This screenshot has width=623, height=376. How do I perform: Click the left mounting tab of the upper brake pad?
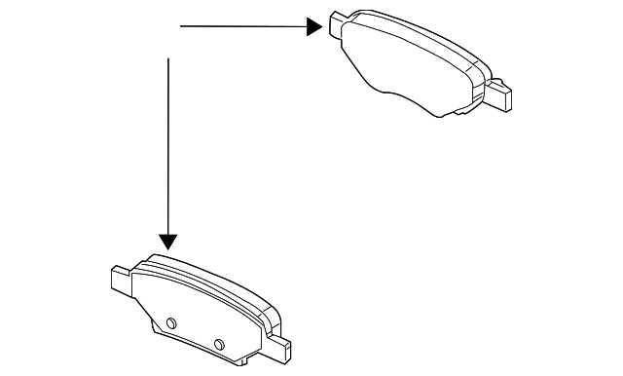(338, 24)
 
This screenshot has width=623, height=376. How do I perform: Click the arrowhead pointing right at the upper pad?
(314, 27)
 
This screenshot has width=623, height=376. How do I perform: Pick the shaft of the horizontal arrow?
(243, 27)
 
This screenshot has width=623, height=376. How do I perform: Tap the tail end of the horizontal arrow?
(183, 27)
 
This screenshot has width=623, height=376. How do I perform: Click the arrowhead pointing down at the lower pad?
(169, 241)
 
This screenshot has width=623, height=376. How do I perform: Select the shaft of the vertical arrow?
(169, 146)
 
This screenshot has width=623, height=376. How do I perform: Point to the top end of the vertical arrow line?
(169, 60)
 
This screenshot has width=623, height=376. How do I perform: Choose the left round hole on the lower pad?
(170, 322)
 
